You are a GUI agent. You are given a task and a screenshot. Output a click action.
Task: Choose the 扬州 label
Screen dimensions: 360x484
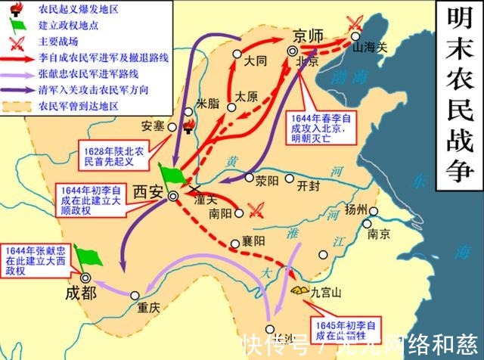coord(377,209)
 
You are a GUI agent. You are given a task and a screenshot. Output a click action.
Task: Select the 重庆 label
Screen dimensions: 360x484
coord(149,308)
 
